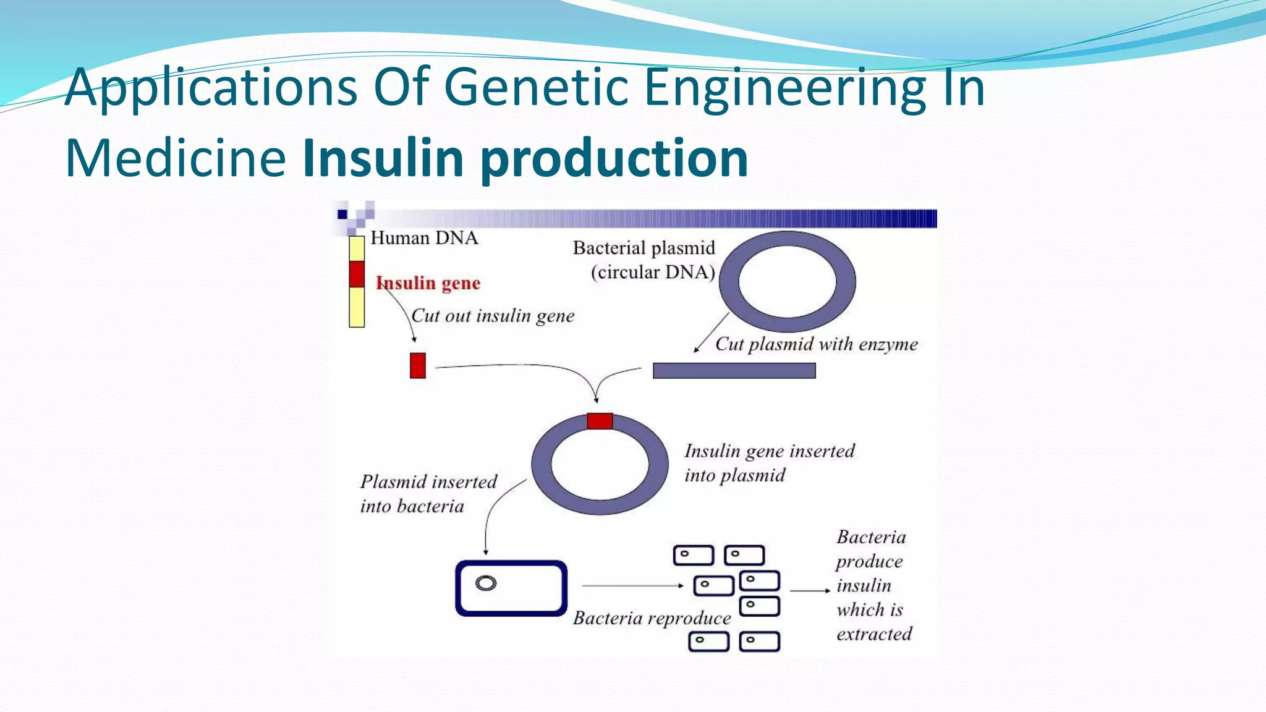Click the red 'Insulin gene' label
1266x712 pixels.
point(428,283)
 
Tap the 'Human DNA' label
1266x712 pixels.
point(424,238)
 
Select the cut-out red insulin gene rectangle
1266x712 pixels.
point(418,365)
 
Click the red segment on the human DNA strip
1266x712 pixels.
point(357,274)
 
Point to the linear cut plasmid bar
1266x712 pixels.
point(734,371)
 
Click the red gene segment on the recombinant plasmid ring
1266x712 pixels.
point(600,422)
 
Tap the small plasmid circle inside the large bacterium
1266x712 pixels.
point(486,583)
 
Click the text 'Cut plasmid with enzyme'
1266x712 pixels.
point(816,344)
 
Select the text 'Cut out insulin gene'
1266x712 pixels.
point(493,316)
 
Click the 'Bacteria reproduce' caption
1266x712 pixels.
point(652,618)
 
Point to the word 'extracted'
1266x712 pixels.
point(874,634)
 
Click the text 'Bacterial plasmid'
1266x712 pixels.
point(644,248)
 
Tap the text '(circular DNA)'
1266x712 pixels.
point(653,272)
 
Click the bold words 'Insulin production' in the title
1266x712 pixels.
point(525,158)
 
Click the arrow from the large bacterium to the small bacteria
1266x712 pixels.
point(632,585)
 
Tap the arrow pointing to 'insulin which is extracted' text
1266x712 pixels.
point(810,591)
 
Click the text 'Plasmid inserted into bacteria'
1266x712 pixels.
point(428,494)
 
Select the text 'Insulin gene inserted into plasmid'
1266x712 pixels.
point(769,463)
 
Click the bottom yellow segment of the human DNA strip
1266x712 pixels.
point(357,307)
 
